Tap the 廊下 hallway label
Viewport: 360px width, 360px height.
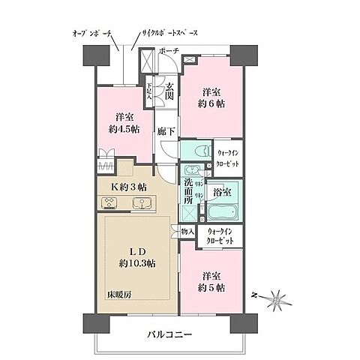click(167, 131)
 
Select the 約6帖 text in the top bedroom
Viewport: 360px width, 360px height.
click(211, 106)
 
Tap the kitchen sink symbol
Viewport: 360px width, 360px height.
click(139, 202)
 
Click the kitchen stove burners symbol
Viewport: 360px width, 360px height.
click(109, 202)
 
